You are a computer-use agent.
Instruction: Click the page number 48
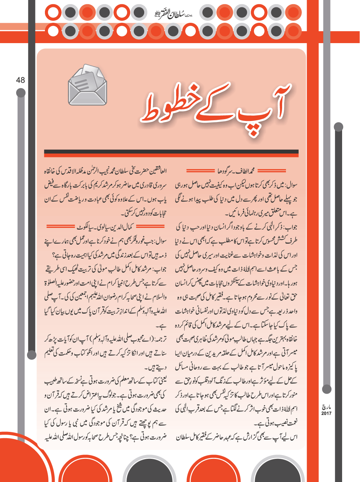[20, 80]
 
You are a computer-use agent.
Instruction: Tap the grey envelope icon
[87, 85]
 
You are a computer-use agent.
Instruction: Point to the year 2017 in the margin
[326, 414]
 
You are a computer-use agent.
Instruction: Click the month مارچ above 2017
[326, 407]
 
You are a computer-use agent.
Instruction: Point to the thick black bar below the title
[171, 153]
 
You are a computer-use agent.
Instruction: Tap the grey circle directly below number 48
[21, 93]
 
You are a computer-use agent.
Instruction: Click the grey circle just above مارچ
[327, 389]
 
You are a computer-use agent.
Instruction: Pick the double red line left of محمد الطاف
[200, 171]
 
